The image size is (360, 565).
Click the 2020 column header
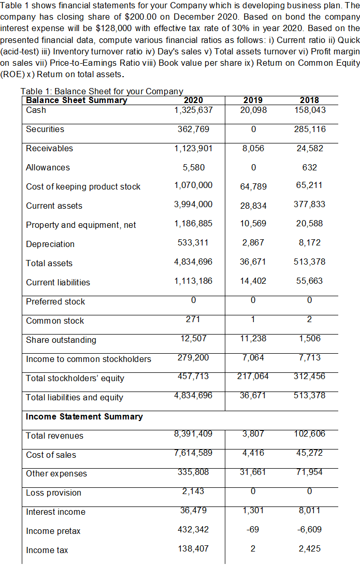click(194, 100)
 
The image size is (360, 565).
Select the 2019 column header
click(253, 100)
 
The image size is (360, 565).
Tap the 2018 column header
click(310, 100)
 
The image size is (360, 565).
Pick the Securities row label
click(45, 129)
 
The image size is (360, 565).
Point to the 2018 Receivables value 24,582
click(310, 148)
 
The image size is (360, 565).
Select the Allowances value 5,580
click(194, 167)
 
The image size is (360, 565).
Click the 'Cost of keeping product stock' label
click(83, 186)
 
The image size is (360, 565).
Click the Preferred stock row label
click(55, 301)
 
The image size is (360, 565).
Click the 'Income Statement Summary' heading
click(84, 416)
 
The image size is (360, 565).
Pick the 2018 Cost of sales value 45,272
click(310, 453)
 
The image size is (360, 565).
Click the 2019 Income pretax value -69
click(253, 530)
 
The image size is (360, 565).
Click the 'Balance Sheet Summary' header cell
click(77, 100)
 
